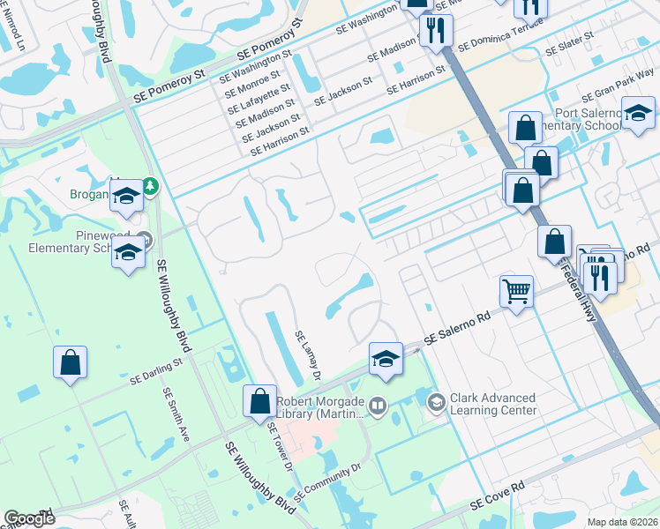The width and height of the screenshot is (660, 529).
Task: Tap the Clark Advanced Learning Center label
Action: (492, 404)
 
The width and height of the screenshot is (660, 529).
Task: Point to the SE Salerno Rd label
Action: (457, 328)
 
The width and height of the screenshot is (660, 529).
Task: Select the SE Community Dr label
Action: (328, 481)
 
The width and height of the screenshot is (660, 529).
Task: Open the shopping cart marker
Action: (516, 290)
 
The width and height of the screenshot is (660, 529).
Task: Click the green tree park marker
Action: (151, 186)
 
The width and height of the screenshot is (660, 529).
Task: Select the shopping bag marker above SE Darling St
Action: (70, 362)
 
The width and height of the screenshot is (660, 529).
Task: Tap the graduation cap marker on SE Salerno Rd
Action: (386, 358)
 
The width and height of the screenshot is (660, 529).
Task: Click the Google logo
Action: (29, 518)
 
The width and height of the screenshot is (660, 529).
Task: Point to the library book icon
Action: (378, 405)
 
